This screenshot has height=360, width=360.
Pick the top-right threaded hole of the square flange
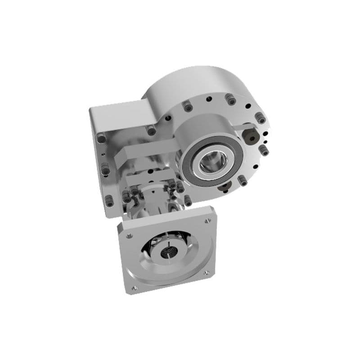tap(207, 221)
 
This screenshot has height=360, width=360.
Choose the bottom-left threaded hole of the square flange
tap(134, 287)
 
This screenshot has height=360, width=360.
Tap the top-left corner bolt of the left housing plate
tap(102, 139)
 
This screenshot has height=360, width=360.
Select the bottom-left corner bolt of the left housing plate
tap(109, 201)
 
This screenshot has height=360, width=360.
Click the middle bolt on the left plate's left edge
tap(105, 170)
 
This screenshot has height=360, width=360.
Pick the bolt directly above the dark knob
tap(261, 118)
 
